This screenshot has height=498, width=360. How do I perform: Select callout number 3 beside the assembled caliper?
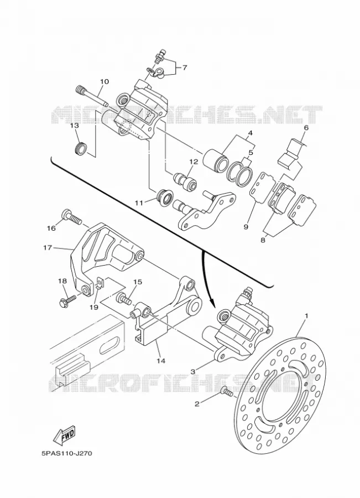[192, 370]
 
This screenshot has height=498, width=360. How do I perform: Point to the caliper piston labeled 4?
[215, 158]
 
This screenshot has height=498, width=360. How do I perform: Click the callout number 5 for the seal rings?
[251, 153]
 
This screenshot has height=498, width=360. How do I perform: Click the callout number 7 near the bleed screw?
[185, 68]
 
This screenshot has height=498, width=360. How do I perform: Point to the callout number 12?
[194, 162]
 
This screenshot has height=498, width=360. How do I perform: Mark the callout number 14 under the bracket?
[160, 360]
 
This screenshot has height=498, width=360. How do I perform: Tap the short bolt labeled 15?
[124, 299]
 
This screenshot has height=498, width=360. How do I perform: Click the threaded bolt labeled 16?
[72, 217]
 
